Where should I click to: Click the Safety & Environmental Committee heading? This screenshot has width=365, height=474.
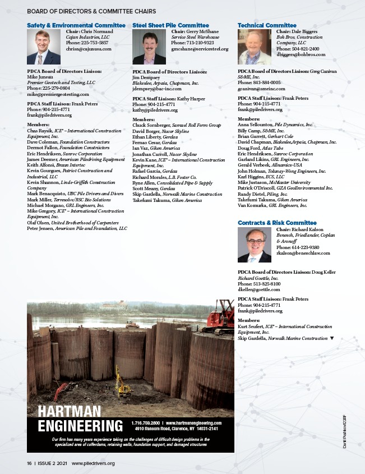(76, 25)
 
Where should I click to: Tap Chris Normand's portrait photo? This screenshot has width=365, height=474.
(44, 47)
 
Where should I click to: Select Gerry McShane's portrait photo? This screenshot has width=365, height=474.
(149, 47)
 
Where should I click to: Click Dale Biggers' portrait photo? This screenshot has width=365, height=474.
(255, 47)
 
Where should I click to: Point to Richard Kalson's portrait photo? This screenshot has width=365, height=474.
(255, 245)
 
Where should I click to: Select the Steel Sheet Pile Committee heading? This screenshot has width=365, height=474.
(170, 25)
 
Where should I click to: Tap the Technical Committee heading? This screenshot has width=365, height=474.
(267, 25)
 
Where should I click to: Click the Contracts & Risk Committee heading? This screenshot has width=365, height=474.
(277, 223)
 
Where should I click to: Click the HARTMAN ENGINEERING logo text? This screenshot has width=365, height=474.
(80, 419)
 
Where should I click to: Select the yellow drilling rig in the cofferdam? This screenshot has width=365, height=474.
(122, 384)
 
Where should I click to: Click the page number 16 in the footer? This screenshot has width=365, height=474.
(29, 463)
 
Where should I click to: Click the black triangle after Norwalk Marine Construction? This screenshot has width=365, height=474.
(332, 338)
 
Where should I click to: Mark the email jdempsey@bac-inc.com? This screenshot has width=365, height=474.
(156, 89)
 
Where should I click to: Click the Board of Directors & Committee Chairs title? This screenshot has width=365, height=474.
(91, 11)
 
